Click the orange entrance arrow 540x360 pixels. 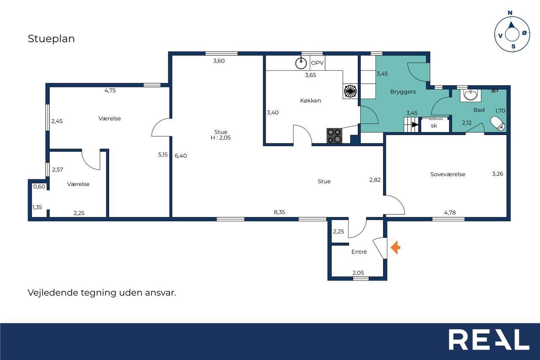tap(395, 247)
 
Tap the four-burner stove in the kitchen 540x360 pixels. tap(335, 136)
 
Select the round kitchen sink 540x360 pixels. tap(301, 63)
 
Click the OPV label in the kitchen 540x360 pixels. tap(317, 63)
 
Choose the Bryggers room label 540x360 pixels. tap(403, 92)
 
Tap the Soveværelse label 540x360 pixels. tap(448, 174)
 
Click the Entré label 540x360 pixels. tap(359, 252)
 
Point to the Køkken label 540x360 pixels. tap(310, 100)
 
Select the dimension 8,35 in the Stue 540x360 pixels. tap(279, 212)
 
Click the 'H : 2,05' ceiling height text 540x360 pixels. tap(221, 138)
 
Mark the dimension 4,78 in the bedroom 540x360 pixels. tap(450, 213)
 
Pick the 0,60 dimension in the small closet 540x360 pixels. tap(39, 187)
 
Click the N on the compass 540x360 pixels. tap(510, 13)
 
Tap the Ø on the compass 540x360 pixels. tap(524, 33)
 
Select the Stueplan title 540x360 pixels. tap(51, 39)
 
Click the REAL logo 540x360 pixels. tap(489, 339)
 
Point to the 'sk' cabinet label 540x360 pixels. tap(434, 126)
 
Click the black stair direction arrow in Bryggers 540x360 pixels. tap(415, 125)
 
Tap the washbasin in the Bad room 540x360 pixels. tap(470, 95)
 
